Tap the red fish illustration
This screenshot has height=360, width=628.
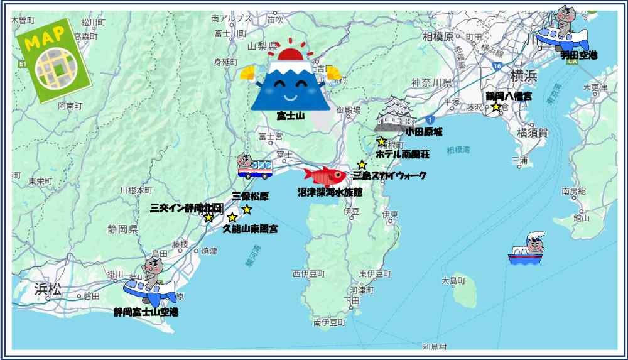coord(325,175)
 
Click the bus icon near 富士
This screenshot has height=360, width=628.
coord(254,166)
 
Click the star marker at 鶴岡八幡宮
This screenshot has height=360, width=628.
coord(496,107)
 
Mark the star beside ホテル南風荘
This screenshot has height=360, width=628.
coord(381,142)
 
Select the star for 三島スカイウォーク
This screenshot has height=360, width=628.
coord(362,165)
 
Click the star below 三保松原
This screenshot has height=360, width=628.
coord(247,209)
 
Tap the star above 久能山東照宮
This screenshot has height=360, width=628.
coord(232,217)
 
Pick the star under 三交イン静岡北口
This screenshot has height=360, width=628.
coord(208,217)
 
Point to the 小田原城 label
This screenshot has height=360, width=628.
coord(424,132)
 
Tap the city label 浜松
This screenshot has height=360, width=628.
coord(47,289)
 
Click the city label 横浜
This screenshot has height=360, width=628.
coord(523,76)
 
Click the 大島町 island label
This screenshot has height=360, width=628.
coord(453,280)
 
